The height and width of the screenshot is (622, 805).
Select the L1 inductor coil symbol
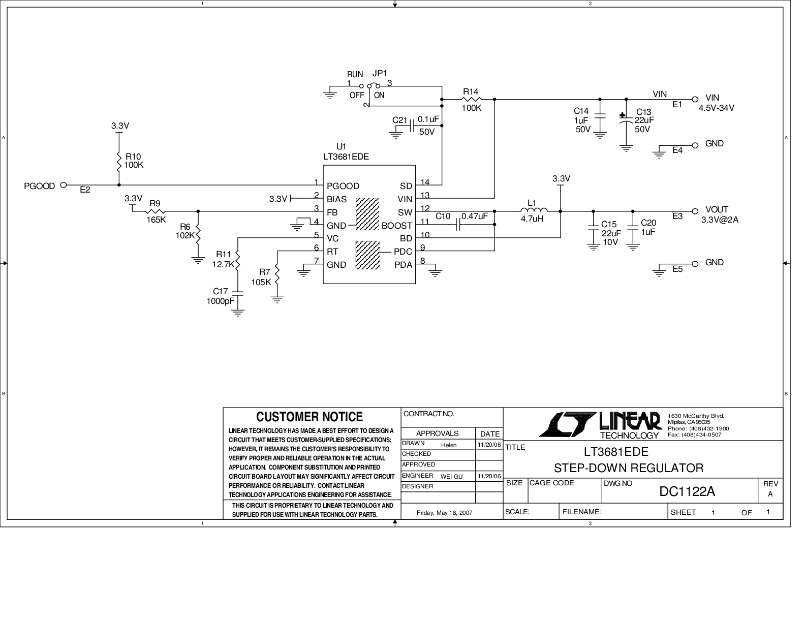pos(534,211)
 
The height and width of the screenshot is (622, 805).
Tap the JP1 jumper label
pos(380,74)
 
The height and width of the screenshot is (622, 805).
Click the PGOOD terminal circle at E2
pos(64,185)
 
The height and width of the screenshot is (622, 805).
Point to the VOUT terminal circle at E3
pos(695,211)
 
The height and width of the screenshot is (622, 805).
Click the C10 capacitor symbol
pos(458,224)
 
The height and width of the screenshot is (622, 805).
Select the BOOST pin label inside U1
pos(397,226)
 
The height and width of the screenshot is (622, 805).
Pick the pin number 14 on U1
pos(425,182)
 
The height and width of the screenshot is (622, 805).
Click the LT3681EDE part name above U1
pos(346,157)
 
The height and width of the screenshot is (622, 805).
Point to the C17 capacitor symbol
pos(237,293)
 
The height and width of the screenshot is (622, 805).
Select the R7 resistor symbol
pos(277,275)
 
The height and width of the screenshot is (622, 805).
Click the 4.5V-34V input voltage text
pos(717,108)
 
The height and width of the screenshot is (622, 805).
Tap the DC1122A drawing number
pos(687,491)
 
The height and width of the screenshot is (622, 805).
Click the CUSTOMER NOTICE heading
pos(309,417)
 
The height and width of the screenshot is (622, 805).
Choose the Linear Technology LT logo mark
pos(566,424)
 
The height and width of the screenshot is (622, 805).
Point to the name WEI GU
pos(451,477)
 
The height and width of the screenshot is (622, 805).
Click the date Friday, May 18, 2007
pos(444,513)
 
